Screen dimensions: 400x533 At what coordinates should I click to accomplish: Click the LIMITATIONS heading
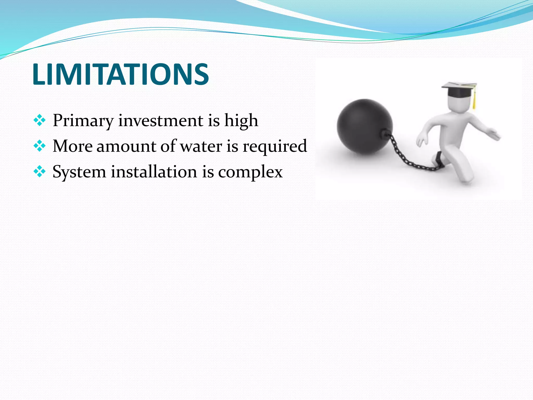click(x=120, y=74)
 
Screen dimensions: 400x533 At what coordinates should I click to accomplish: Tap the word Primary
click(x=83, y=121)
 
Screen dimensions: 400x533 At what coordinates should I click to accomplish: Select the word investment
click(x=161, y=121)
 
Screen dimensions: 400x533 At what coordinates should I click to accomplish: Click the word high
click(x=241, y=121)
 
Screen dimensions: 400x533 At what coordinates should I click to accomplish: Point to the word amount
click(x=126, y=146)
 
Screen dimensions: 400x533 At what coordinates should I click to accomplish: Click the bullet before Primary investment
click(x=40, y=121)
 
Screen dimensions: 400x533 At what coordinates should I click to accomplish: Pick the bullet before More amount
click(x=40, y=146)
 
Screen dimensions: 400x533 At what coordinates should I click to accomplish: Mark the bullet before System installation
click(x=40, y=172)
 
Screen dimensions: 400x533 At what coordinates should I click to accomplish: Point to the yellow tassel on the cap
click(x=474, y=100)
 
